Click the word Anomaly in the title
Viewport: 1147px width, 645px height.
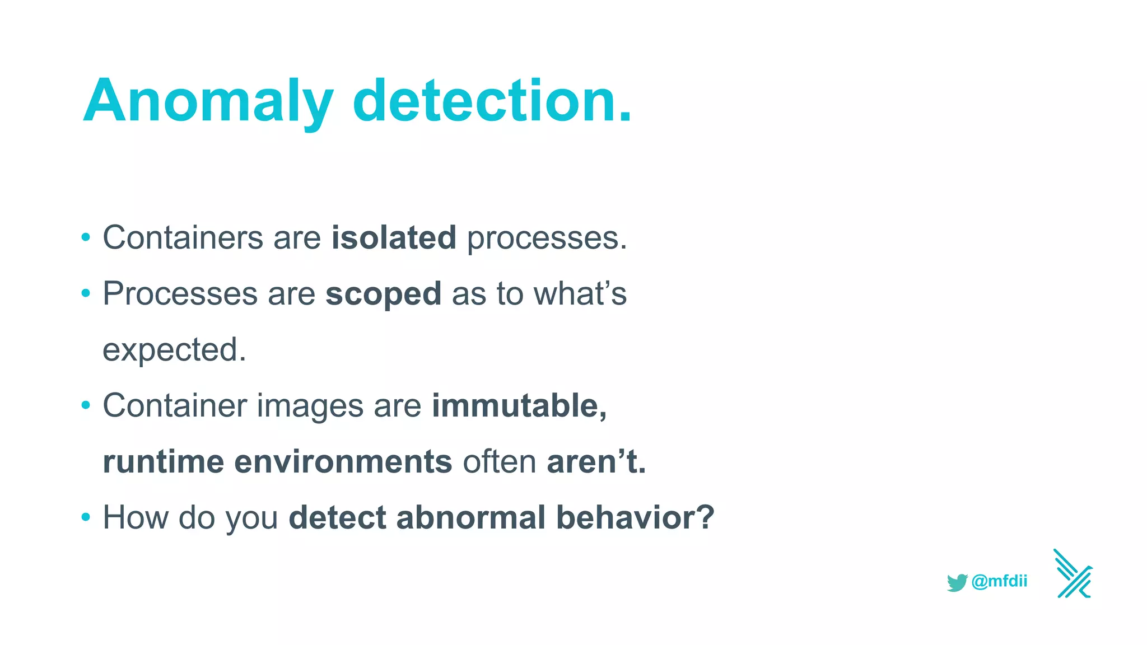(208, 102)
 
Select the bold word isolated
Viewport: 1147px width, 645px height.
(394, 237)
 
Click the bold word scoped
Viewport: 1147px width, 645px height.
(384, 294)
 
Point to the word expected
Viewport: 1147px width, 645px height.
(174, 350)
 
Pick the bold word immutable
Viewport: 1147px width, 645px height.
(519, 405)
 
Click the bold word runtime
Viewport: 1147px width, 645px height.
(164, 461)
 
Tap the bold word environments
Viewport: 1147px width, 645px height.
(343, 461)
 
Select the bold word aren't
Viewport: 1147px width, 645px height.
(596, 461)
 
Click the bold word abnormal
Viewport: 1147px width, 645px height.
(470, 517)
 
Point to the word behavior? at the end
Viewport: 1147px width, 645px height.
(635, 517)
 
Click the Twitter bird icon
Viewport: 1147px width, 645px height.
(957, 582)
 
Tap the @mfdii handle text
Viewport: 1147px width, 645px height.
(999, 581)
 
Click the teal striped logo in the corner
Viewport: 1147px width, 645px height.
(1073, 574)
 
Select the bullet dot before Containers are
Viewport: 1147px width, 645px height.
(86, 237)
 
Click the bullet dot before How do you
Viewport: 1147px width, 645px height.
(86, 517)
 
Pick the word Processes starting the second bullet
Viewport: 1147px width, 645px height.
(180, 294)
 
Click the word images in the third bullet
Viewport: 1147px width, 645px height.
(310, 405)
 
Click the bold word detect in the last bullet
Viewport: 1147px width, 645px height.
(337, 517)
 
